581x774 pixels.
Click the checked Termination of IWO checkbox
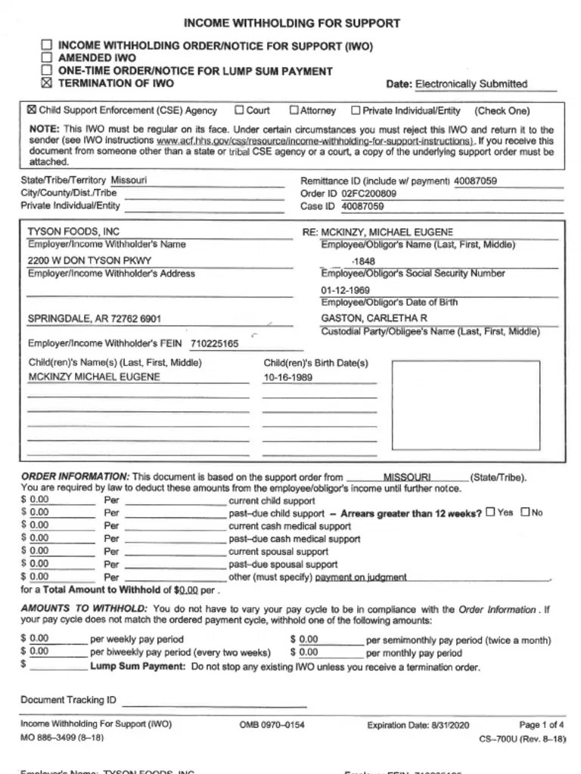pos(47,83)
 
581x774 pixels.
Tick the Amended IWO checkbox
pos(47,57)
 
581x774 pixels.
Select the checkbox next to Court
pos(239,110)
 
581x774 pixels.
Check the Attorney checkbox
pos(294,110)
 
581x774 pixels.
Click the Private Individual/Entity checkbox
pos(356,110)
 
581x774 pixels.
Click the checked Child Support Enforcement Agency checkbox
pos(32,110)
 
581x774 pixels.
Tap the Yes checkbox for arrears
pos(490,512)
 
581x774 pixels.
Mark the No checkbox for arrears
pos(525,512)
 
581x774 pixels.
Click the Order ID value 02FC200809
pos(368,193)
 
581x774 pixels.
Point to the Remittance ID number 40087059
pos(475,181)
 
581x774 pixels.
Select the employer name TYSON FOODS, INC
pos(73,231)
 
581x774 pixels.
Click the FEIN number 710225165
pos(214,344)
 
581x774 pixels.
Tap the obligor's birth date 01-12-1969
pos(345,290)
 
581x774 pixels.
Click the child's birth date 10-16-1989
pos(287,377)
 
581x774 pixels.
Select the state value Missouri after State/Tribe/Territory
pos(129,181)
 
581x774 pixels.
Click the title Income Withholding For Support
pos(291,23)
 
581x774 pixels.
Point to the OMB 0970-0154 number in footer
pos(272,725)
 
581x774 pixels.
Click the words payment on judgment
pos(361,577)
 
